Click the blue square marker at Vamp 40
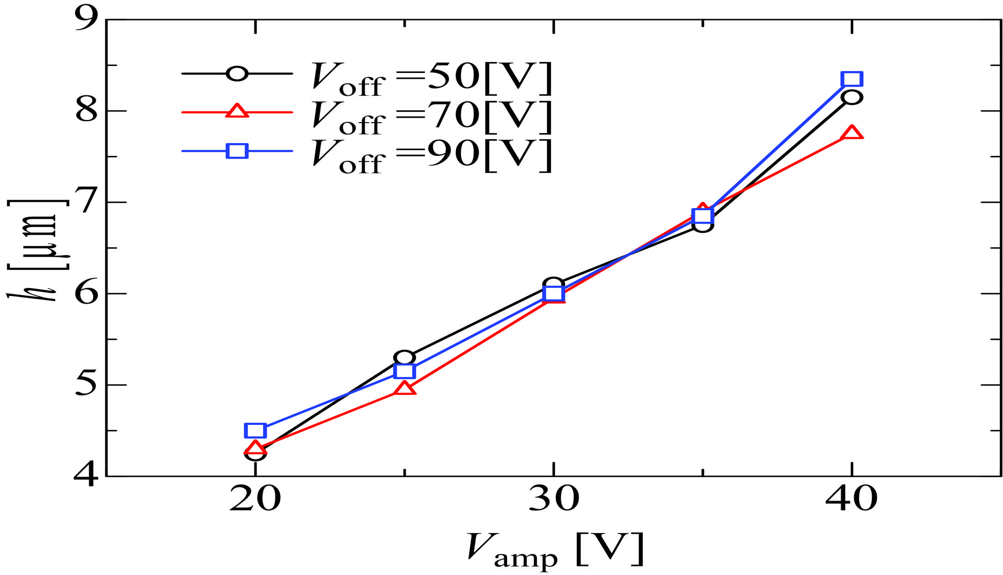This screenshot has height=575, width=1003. [x=852, y=79]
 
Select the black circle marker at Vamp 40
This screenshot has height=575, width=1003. [x=852, y=97]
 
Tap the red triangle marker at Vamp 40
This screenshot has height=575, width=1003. [x=852, y=133]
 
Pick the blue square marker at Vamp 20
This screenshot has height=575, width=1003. [x=255, y=430]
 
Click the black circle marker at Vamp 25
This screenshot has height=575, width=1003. [x=404, y=357]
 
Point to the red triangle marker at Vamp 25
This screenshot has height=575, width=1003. [x=404, y=389]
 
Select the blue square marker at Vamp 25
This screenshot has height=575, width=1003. [x=404, y=371]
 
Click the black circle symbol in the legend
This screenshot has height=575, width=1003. [x=237, y=73]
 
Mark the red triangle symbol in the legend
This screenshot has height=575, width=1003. [x=237, y=111]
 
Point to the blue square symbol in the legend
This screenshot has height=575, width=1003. [x=237, y=150]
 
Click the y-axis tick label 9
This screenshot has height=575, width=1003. [x=87, y=19]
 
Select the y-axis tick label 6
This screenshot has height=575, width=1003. [x=87, y=293]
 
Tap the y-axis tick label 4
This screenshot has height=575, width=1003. [x=87, y=477]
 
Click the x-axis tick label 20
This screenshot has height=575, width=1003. [x=255, y=499]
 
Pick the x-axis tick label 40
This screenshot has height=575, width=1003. [x=851, y=499]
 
